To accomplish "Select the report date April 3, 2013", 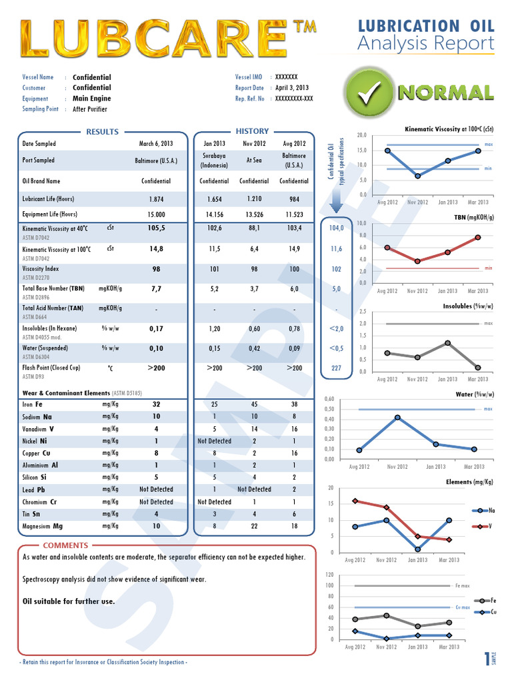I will coord(291,88).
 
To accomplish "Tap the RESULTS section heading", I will coord(102,131).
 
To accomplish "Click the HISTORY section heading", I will coord(252,131).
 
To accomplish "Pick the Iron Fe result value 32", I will coord(156,404).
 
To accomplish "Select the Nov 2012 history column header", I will coord(254,143).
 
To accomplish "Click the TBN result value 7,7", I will coord(156,289).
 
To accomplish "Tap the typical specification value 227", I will coord(336,368).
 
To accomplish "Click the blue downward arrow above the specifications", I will coord(336,200).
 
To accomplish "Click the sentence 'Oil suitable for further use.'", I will coord(69,601).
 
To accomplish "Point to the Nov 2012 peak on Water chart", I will coord(397,418).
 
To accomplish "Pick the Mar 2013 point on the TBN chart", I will coord(478,237).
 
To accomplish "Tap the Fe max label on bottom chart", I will coord(463,586).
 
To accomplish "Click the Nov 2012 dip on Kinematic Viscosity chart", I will coord(417,176).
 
